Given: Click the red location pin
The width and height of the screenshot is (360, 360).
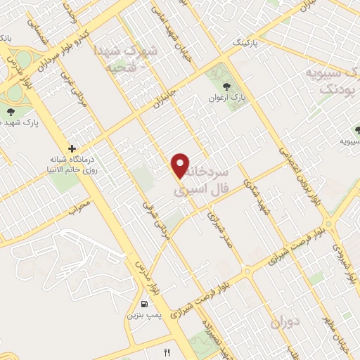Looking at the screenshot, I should (x=181, y=165).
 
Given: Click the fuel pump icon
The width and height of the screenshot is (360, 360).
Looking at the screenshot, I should (x=145, y=304).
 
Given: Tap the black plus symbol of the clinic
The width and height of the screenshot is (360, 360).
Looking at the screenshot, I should (x=72, y=149).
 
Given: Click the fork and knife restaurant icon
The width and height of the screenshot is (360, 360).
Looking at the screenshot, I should (x=167, y=352).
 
